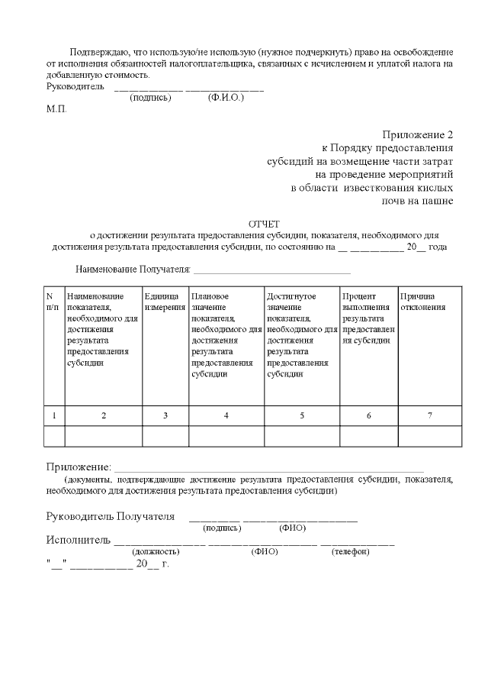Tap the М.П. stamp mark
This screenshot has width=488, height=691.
point(56,109)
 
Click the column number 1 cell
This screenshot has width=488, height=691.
point(53,415)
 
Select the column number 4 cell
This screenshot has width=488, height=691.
point(226,415)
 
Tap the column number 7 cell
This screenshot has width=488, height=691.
point(429,415)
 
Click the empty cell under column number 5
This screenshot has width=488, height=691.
point(301,436)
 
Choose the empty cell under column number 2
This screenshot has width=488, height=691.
point(103,436)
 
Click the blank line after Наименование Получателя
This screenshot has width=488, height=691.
point(271,271)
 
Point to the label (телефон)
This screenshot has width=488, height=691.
point(350,551)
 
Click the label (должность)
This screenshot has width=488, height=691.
point(156,551)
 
